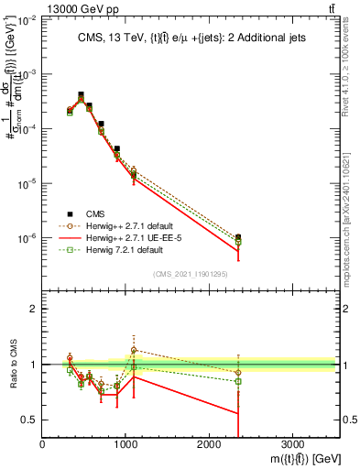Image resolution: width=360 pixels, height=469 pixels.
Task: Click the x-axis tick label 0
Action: (x=42, y=443)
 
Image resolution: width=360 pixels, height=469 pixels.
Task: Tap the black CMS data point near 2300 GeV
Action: (x=238, y=237)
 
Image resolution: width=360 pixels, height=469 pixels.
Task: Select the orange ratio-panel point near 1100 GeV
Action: (x=134, y=350)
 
